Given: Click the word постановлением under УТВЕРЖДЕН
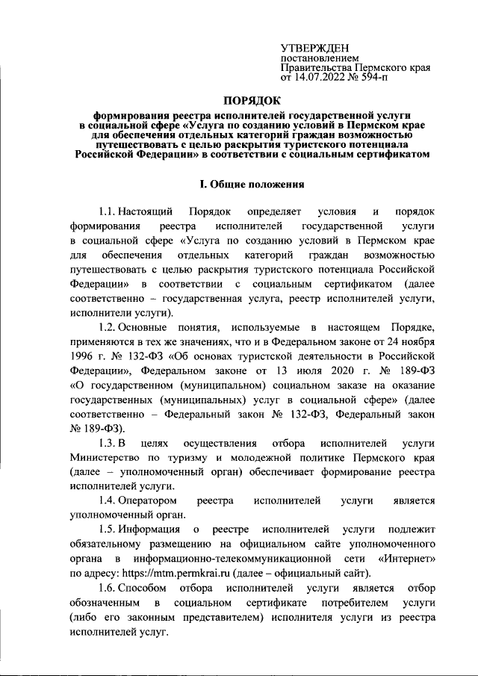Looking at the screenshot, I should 319,57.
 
